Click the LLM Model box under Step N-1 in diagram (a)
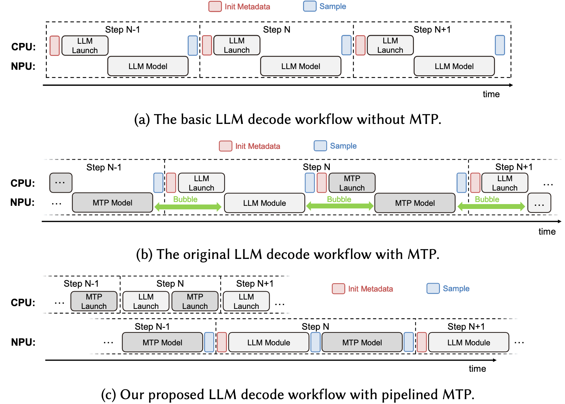point(148,66)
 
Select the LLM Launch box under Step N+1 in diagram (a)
point(390,45)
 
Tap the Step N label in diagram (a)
point(277,30)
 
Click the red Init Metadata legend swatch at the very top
point(215,7)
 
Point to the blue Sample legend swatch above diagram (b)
point(320,146)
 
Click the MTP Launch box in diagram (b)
point(352,183)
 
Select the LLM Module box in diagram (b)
point(264,203)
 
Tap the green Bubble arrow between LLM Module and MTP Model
point(339,206)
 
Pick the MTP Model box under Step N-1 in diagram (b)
point(112,203)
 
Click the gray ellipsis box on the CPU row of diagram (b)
point(61,183)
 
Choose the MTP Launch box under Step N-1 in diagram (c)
point(94,301)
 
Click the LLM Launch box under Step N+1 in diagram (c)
point(246,301)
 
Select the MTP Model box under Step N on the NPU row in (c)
point(362,343)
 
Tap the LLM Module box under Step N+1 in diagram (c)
point(468,343)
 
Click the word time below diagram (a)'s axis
point(491,94)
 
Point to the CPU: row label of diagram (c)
point(23,303)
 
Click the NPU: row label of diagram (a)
point(23,66)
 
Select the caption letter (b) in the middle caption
point(144,254)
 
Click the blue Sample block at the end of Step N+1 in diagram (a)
point(500,45)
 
